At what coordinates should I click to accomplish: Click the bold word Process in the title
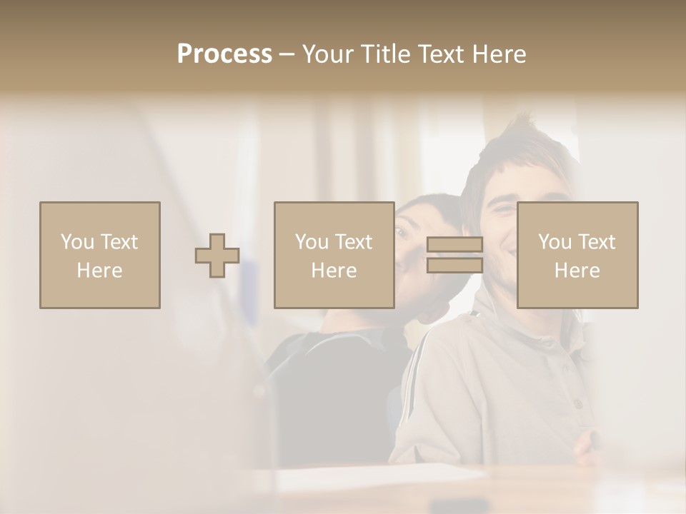pyautogui.click(x=224, y=54)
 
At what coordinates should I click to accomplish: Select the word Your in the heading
pyautogui.click(x=329, y=54)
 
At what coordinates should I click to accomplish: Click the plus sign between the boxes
pyautogui.click(x=217, y=256)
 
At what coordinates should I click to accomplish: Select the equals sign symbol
pyautogui.click(x=454, y=256)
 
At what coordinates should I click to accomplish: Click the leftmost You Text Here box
pyautogui.click(x=100, y=256)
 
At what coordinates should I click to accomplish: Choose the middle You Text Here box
pyautogui.click(x=334, y=256)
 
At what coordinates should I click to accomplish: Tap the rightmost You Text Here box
pyautogui.click(x=577, y=256)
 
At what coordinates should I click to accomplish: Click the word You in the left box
pyautogui.click(x=76, y=242)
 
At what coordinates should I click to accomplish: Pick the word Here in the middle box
pyautogui.click(x=334, y=271)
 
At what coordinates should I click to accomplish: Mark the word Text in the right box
pyautogui.click(x=597, y=242)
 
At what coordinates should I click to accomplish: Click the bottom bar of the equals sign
pyautogui.click(x=454, y=266)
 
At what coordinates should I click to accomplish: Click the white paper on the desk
pyautogui.click(x=379, y=477)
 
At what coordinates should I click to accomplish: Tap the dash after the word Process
pyautogui.click(x=287, y=54)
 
